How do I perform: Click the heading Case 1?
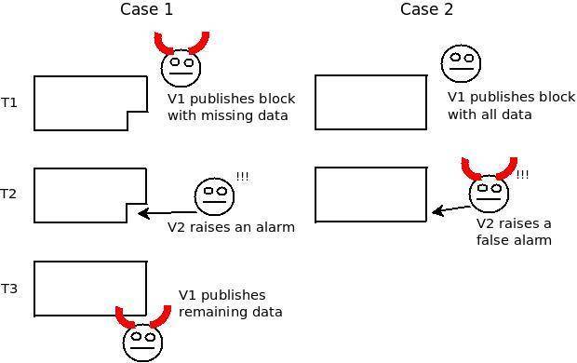point(146,10)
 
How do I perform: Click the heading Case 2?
point(426,10)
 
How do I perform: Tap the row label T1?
point(9,102)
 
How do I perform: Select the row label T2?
point(9,194)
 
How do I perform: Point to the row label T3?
point(9,289)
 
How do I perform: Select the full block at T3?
point(90,289)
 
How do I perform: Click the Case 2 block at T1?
point(370,102)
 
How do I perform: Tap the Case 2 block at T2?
point(370,195)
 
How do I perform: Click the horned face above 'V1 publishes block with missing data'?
point(181,65)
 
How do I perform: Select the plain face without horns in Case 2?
point(461,64)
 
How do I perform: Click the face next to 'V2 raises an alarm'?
point(213,195)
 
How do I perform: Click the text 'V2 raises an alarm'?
point(231,227)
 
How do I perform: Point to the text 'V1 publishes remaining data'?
point(230,303)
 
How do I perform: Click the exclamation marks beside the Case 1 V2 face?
point(242,177)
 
